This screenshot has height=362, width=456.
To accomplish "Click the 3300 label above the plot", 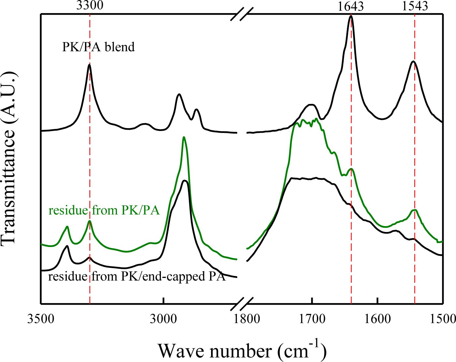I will pyautogui.click(x=90, y=6).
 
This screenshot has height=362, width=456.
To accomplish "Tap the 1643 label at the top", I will pyautogui.click(x=350, y=6).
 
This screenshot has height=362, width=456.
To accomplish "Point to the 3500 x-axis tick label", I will pyautogui.click(x=41, y=318).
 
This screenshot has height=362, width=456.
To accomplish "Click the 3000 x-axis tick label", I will pyautogui.click(x=163, y=318).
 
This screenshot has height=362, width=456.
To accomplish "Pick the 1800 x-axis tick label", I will pyautogui.click(x=247, y=318).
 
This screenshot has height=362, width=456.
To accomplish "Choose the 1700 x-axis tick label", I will pyautogui.click(x=312, y=318).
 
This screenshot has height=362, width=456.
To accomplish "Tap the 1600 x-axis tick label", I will pyautogui.click(x=377, y=318).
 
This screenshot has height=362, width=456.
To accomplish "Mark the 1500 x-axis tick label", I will pyautogui.click(x=442, y=318).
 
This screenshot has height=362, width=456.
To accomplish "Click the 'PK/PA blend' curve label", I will pyautogui.click(x=98, y=47).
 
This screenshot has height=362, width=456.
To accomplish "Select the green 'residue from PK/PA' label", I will pyautogui.click(x=104, y=210).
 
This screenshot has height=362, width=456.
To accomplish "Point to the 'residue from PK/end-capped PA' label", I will pyautogui.click(x=137, y=277).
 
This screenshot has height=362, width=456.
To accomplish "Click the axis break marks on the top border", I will pyautogui.click(x=242, y=14).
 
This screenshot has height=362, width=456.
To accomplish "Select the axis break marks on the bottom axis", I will pyautogui.click(x=242, y=304).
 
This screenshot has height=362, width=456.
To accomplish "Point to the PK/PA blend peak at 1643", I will pyautogui.click(x=351, y=16).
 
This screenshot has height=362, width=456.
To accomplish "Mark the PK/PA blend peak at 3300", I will pyautogui.click(x=89, y=65).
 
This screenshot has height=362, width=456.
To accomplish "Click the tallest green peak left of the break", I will pyautogui.click(x=184, y=138).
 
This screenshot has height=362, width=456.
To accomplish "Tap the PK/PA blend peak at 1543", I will pyautogui.click(x=413, y=61).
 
